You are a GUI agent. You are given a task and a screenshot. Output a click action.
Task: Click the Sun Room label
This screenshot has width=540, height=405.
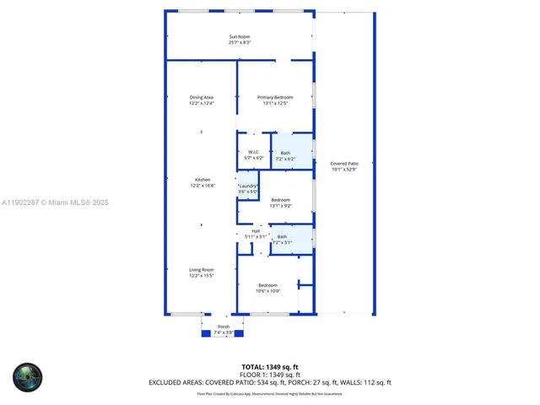[240, 35]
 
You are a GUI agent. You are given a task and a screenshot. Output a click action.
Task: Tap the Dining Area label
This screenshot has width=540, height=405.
[201, 98]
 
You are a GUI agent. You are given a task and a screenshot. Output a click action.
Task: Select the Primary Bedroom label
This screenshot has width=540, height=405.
[275, 98]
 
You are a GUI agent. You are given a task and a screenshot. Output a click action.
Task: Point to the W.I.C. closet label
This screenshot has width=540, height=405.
[253, 153]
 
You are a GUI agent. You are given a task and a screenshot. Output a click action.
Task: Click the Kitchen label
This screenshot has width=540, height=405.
[202, 180]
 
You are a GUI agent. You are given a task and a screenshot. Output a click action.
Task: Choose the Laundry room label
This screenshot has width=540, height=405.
[247, 186]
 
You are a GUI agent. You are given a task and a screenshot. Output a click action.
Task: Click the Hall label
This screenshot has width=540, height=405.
[256, 231]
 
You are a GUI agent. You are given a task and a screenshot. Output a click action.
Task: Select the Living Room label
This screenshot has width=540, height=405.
[201, 270]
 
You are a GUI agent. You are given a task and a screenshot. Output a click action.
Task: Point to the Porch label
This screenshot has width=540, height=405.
[224, 327]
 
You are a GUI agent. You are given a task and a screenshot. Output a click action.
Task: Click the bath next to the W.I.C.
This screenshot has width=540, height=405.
[285, 153]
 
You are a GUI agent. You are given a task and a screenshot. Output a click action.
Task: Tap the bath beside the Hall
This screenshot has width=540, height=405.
[282, 237]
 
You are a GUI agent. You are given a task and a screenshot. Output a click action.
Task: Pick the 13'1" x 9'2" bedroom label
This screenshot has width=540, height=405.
[280, 201]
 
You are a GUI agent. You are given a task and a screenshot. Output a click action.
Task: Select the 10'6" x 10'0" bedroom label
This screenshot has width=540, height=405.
[267, 285]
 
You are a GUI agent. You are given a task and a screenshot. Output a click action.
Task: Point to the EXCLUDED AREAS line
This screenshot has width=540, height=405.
[270, 382]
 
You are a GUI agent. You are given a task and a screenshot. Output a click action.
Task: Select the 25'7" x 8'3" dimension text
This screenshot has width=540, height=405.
[240, 42]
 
